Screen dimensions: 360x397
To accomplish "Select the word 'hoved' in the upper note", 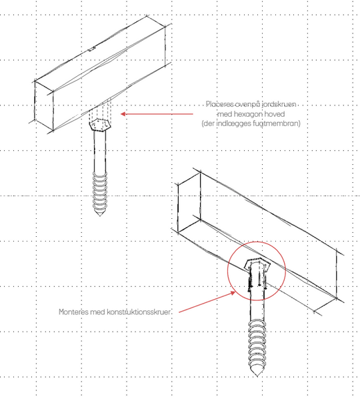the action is pos(274,114).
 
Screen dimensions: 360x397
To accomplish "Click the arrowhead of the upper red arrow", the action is pos(123,114).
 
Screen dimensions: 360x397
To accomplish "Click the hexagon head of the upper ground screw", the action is pos(100,125).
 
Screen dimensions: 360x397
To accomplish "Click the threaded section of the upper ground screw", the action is pos(100,191).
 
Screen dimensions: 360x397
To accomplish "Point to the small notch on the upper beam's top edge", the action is pos(91,49).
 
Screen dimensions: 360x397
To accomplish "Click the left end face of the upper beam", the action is pos(44,105).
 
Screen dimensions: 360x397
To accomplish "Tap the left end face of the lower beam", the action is pos(189,202).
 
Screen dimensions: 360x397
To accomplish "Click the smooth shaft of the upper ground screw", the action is pos(100,151).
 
